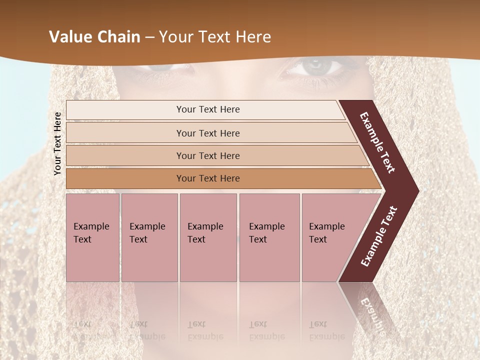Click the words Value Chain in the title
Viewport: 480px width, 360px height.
94,37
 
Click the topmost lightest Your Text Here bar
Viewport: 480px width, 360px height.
208,110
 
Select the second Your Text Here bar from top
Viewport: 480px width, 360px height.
208,133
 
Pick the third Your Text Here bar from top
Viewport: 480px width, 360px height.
208,156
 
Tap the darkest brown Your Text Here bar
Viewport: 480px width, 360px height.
208,178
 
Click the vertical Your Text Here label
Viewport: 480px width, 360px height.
57,143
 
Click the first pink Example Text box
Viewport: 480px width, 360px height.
92,237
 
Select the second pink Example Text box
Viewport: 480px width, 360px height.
149,237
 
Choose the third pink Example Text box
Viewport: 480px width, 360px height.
208,237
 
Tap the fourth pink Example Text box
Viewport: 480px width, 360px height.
269,237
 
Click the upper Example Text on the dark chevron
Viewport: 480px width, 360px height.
377,142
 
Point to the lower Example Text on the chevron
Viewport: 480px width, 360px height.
379,236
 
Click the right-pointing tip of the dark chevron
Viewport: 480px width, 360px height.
415,190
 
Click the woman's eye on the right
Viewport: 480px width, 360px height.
315,65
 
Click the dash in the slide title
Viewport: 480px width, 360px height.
149,37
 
